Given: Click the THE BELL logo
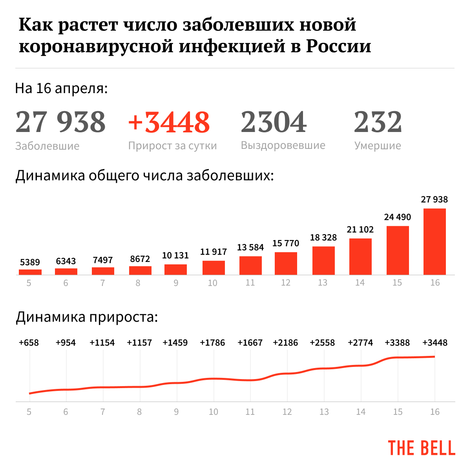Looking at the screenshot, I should click(x=422, y=448).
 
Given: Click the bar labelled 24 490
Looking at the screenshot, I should click(x=398, y=250).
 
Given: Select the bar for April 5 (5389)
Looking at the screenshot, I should click(x=30, y=272).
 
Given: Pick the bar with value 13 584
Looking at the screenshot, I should click(x=250, y=265).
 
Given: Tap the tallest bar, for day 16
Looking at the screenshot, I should click(x=434, y=242).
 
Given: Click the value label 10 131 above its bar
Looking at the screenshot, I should click(x=175, y=255).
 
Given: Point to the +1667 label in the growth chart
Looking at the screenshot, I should click(x=250, y=343).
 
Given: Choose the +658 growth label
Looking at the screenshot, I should click(x=29, y=343).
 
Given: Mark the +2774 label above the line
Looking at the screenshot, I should click(x=360, y=343).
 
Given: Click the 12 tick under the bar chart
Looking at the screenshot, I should click(x=286, y=283).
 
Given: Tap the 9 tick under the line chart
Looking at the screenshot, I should click(x=176, y=412).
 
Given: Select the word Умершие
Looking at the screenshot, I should click(x=378, y=146).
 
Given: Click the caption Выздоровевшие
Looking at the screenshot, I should click(x=283, y=145).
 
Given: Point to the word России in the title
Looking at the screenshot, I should click(x=338, y=46).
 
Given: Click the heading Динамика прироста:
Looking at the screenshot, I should click(x=87, y=317).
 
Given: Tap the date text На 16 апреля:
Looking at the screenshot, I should click(x=61, y=88).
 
